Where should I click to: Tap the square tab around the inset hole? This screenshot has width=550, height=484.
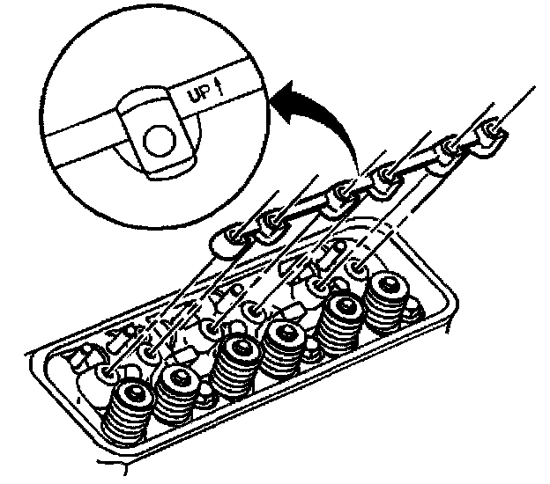click(155, 132)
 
